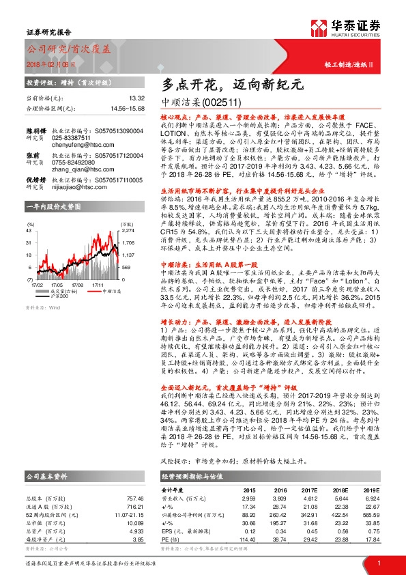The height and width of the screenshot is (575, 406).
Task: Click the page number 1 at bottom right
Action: click(x=379, y=563)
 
